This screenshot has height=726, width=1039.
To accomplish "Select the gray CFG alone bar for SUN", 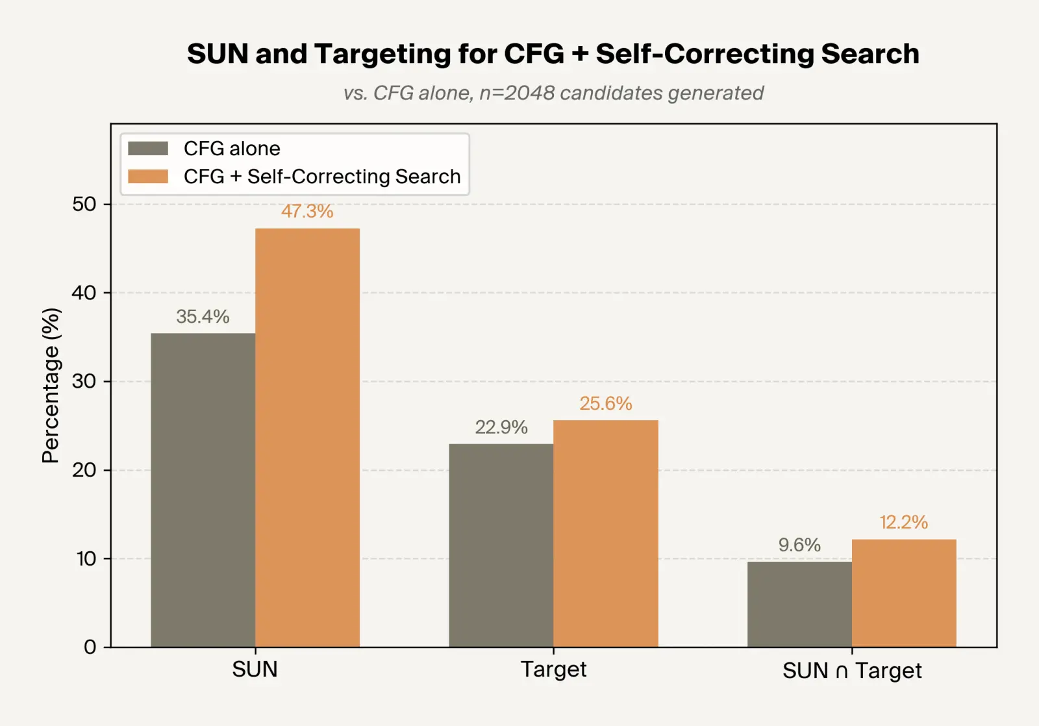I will pos(203,490).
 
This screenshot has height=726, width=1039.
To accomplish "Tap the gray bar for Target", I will pos(501,545).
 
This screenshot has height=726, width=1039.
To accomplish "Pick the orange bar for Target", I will pos(605,533).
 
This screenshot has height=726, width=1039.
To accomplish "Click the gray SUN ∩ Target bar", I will pos(799,604).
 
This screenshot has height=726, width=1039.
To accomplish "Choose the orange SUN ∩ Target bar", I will pos(904,593).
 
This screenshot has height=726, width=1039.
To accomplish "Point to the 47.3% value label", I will pos(307,211).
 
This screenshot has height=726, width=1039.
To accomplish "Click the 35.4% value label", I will pos(203,316).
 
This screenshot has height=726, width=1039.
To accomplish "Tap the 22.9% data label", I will pos(501,427).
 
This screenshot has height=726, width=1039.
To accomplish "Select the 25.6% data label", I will pos(605,403).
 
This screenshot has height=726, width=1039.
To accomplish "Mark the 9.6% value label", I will pos(799,544).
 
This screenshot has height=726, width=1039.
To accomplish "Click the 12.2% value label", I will pos(904,522).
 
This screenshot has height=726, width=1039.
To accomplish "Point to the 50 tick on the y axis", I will pos(84,204).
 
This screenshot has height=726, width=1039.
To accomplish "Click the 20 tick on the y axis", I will pos(84,469).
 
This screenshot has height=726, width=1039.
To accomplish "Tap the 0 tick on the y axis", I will pos(90,647).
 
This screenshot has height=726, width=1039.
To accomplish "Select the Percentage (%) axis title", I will pos(51,385).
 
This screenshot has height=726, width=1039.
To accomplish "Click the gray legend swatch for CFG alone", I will pos(148,149).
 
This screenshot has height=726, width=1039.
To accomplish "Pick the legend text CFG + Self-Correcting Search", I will pos(322,177).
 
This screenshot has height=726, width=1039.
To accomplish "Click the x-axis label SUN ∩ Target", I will pos(851,670).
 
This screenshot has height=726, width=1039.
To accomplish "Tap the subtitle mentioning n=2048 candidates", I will pos(553,93).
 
